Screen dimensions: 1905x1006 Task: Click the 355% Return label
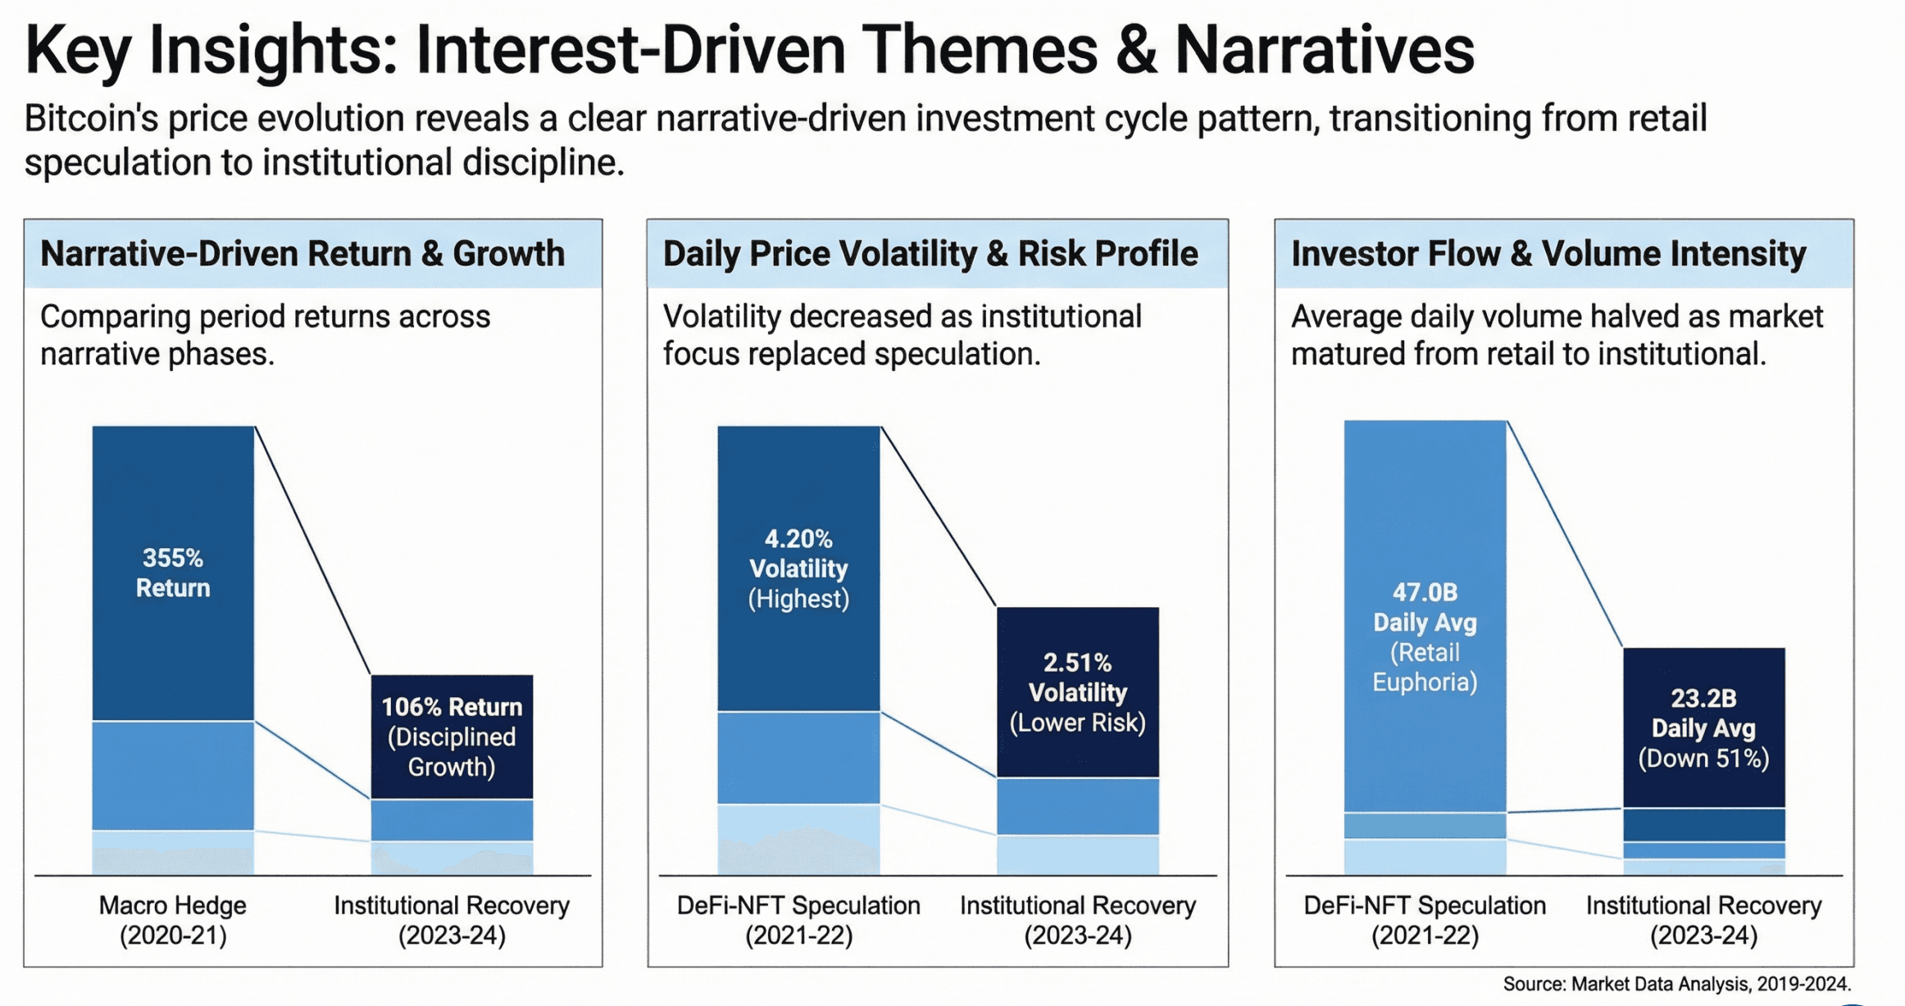tap(173, 573)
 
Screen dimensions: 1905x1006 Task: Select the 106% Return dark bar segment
tap(452, 736)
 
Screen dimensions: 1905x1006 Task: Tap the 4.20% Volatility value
tap(798, 554)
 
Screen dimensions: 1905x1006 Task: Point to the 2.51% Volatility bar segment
tap(1078, 692)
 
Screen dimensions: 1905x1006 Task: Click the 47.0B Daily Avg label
tap(1425, 607)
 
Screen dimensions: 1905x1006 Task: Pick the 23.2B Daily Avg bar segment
tap(1704, 727)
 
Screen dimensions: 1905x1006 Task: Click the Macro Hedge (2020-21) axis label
tap(173, 920)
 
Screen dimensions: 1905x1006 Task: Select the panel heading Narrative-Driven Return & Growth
tap(302, 254)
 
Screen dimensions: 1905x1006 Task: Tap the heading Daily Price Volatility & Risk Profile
tap(930, 254)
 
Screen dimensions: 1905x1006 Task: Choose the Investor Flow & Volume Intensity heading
tap(1548, 254)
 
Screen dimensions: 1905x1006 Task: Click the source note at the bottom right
tap(1677, 984)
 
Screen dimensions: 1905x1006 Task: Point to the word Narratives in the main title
tap(1325, 51)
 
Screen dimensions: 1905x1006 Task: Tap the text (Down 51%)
tap(1704, 758)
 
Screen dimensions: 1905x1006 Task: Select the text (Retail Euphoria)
tap(1425, 668)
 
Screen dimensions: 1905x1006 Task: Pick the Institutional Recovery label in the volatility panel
tap(1078, 920)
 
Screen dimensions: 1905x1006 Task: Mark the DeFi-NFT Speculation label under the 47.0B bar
tap(1425, 920)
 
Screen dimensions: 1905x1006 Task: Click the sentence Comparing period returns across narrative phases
tap(265, 335)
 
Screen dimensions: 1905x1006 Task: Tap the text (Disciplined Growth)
tap(452, 752)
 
